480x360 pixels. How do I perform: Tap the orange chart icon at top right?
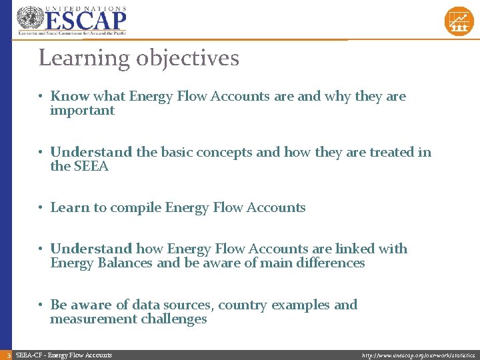(x=458, y=21)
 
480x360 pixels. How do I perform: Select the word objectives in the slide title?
(x=187, y=59)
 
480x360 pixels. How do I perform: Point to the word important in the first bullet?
(x=82, y=111)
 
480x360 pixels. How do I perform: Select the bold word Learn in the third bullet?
(x=69, y=208)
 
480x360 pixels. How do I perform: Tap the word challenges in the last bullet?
(x=174, y=319)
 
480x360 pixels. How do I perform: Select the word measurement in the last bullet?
(x=93, y=319)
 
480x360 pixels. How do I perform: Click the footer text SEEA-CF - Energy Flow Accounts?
(x=63, y=355)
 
